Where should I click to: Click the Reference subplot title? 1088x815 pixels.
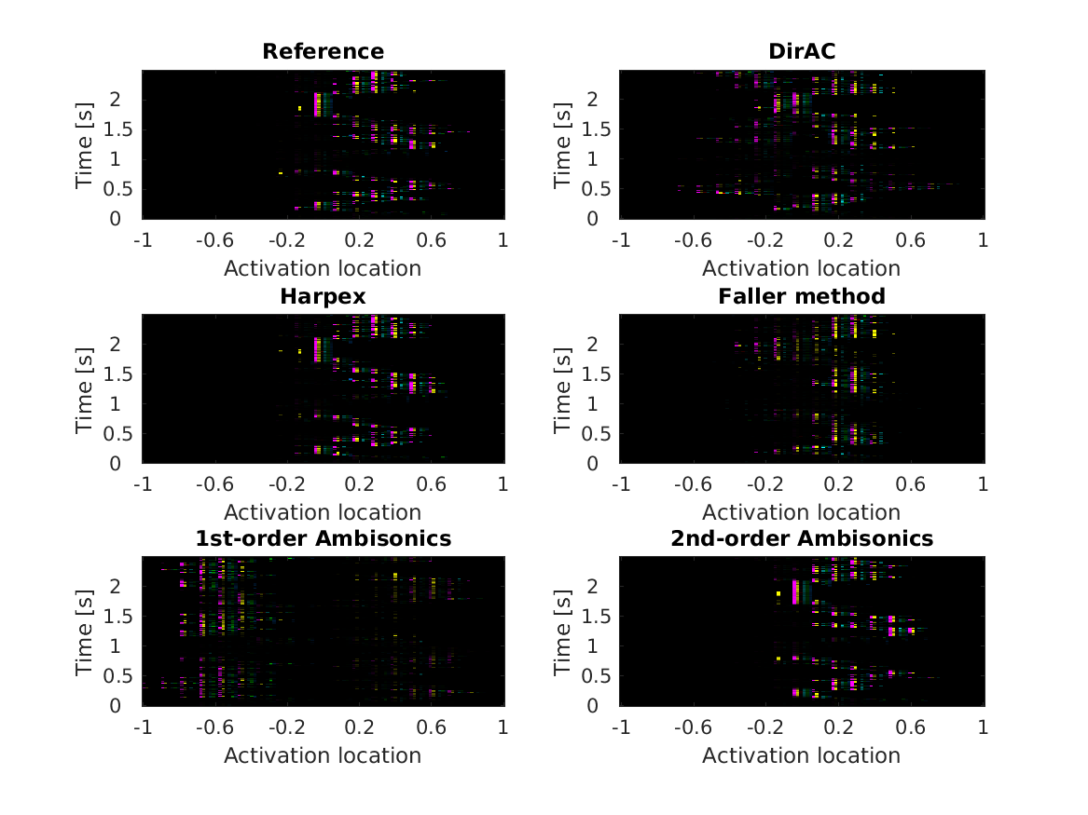pos(323,51)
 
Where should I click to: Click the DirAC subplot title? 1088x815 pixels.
pos(801,51)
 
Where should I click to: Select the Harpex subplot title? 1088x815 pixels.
pos(323,296)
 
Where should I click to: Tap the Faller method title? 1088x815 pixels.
pos(801,296)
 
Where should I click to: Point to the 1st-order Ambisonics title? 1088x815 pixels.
pos(323,538)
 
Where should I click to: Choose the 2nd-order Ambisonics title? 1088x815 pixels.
pos(801,538)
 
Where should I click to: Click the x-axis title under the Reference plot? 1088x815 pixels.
pos(323,268)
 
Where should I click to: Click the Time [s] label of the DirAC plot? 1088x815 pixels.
pos(562,144)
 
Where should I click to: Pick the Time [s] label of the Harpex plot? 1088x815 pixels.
pos(84,388)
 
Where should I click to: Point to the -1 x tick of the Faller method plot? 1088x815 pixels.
pos(620,483)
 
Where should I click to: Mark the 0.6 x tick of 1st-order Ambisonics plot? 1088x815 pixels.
pos(431,726)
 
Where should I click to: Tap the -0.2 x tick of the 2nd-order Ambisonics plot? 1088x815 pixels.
pos(764,726)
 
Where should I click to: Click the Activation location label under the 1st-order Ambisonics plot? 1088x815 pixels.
pos(323,754)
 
